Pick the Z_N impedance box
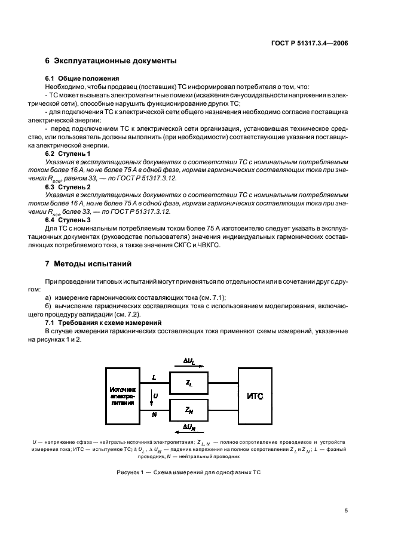click(x=189, y=409)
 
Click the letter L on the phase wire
click(x=154, y=377)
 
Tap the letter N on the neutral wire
click(x=154, y=413)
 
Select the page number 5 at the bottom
click(x=346, y=511)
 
